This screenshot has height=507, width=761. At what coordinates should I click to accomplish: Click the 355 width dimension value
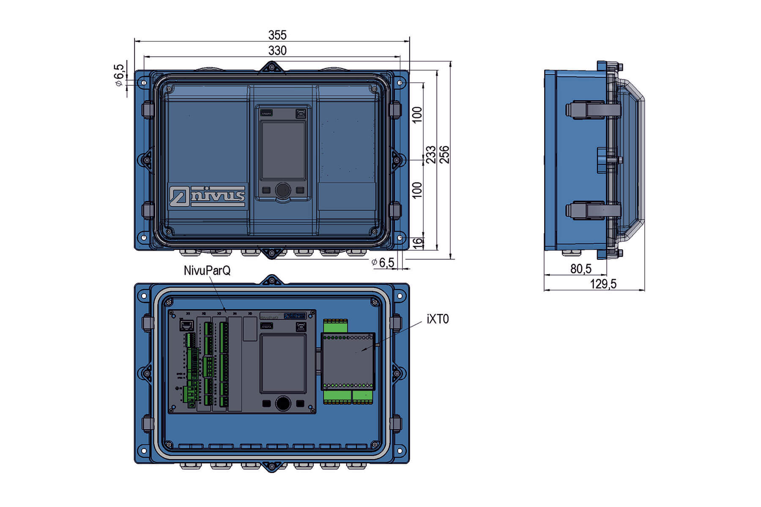coord(277,35)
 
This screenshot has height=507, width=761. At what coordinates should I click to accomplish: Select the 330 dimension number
coord(277,51)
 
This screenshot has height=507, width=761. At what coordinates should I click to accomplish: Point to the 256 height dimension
coord(444,155)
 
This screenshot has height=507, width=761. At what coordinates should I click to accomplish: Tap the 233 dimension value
coord(430,155)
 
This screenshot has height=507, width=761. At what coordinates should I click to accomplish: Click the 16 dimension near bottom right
coord(417,243)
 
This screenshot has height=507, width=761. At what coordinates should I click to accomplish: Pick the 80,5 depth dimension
coord(580,269)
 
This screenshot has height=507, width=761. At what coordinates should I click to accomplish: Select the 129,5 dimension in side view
coord(603,284)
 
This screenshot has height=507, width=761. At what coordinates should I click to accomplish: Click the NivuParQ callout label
coord(207,270)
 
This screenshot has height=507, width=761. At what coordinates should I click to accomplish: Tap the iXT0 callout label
coord(438,319)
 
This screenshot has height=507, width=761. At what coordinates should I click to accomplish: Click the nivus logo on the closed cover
coord(207,196)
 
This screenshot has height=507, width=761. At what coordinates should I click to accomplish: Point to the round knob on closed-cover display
coord(283,190)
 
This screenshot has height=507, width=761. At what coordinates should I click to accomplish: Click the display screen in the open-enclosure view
coord(283,364)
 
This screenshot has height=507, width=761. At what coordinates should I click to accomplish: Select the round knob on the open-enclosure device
coord(283,403)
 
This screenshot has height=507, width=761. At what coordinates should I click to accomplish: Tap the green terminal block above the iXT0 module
coord(335,326)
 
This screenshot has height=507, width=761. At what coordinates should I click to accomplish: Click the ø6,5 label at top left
coord(119,75)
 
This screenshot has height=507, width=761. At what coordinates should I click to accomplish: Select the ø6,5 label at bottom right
coord(383,263)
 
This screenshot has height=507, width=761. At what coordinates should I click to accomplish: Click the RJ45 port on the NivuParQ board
coord(186,325)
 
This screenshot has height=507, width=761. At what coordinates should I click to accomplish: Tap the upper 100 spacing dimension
coord(417,115)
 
